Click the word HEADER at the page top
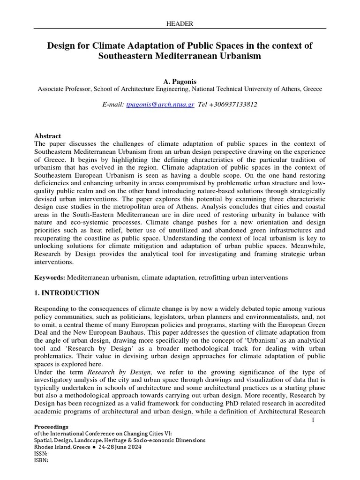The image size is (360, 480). click(x=180, y=23)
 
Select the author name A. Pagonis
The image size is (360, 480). click(x=180, y=81)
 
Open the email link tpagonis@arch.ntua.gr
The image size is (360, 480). click(x=159, y=105)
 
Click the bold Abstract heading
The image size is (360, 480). click(x=47, y=136)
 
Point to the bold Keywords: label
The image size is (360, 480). click(x=50, y=277)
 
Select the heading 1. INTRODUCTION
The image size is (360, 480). click(x=67, y=293)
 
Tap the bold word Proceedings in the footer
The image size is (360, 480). click(x=51, y=427)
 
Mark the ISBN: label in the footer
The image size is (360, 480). click(x=41, y=460)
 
